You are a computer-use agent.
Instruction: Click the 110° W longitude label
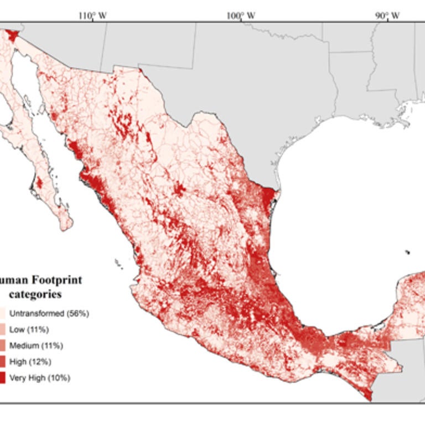[92, 15]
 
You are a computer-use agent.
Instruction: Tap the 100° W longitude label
[241, 15]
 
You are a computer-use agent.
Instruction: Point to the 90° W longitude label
[388, 15]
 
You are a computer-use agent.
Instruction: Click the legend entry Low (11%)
[30, 330]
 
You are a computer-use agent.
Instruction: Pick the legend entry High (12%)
[32, 362]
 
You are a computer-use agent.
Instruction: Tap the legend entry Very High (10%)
[40, 378]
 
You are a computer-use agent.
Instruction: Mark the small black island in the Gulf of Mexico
[408, 252]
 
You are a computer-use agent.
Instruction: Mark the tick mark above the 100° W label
[241, 21]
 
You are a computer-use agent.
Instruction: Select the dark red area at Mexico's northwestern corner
[11, 34]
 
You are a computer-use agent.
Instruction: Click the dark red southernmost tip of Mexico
[367, 395]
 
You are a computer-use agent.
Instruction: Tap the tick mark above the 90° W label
[388, 21]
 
